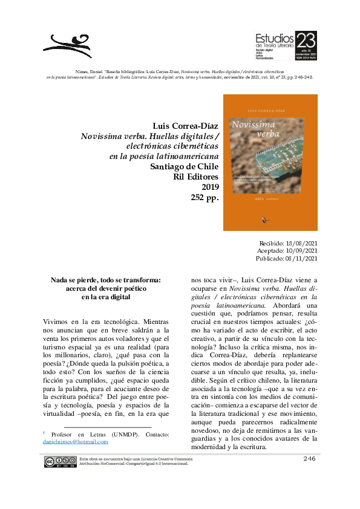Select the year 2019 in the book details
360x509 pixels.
tap(210, 187)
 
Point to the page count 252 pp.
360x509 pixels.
tap(204, 197)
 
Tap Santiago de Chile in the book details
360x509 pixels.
tap(185, 167)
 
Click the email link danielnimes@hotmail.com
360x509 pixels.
tap(76, 442)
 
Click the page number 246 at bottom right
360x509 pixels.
tap(310, 459)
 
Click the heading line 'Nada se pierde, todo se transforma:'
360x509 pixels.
tap(106, 280)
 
